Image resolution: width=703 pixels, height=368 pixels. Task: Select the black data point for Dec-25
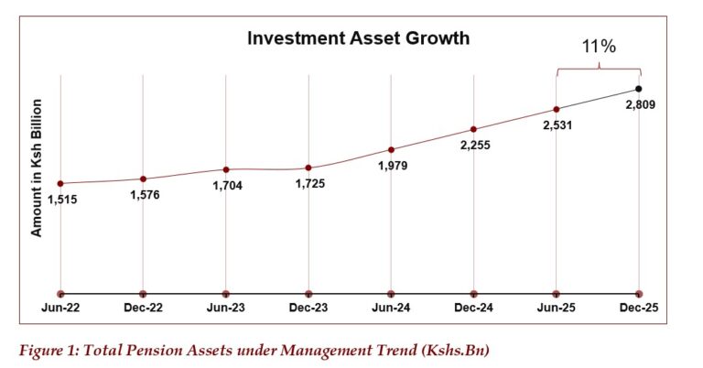(639, 89)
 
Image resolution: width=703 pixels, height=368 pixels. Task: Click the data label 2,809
(640, 105)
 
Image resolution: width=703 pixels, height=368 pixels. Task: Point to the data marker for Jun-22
(60, 184)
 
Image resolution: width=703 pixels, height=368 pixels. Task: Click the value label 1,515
(61, 200)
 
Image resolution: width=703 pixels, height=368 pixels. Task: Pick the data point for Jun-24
(391, 149)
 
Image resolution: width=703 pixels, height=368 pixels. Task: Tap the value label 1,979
(391, 166)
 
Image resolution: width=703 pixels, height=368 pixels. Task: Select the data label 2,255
(474, 146)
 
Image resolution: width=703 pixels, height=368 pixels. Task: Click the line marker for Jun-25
(557, 109)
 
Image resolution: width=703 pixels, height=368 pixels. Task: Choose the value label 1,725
(309, 184)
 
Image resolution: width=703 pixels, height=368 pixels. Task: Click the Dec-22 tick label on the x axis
(143, 309)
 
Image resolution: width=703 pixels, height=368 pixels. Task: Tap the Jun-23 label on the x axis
(225, 309)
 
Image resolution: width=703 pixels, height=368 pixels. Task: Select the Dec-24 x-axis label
(473, 309)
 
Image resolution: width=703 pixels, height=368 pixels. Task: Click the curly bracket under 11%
(598, 68)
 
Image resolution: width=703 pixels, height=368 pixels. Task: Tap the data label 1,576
(144, 194)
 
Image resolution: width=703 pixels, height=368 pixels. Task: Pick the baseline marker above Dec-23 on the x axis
(308, 294)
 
